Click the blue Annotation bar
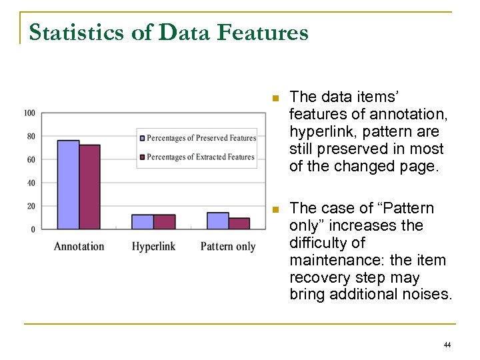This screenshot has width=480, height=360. (x=68, y=185)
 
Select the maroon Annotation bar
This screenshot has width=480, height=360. (x=89, y=187)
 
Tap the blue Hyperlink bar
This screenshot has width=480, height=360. (x=143, y=222)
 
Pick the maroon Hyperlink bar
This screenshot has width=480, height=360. (x=164, y=222)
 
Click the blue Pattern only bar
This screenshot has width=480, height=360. (x=217, y=221)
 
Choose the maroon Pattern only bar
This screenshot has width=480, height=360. (x=239, y=223)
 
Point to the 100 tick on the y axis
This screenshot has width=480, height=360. (x=29, y=113)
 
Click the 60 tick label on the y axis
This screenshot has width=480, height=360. (x=31, y=159)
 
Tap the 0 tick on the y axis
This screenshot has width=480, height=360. (x=33, y=229)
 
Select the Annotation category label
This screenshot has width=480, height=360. (x=79, y=247)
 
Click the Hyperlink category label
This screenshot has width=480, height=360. (x=153, y=247)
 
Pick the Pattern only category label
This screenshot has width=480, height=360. (x=228, y=247)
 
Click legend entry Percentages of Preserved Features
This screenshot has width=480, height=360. (x=201, y=138)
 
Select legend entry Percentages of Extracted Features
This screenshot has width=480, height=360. (x=200, y=157)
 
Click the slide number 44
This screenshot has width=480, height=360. (x=447, y=345)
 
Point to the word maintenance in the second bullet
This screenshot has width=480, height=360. (x=331, y=260)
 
